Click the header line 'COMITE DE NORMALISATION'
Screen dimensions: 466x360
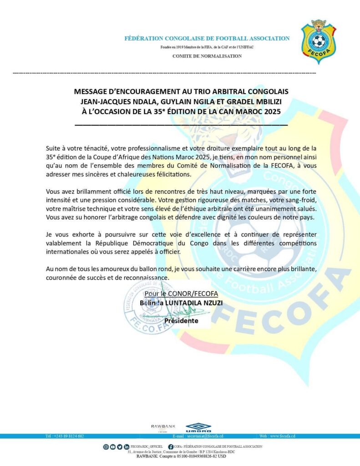[207, 56]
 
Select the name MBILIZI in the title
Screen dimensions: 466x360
[274, 101]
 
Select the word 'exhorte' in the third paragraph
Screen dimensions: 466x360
[77, 234]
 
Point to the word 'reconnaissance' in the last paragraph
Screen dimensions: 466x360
[148, 278]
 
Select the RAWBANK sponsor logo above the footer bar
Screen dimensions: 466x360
[163, 426]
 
